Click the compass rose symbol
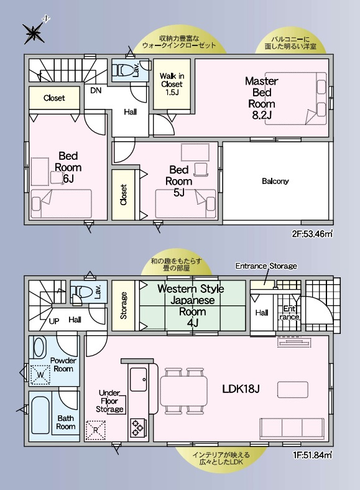(34, 32)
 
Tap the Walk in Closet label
(172, 84)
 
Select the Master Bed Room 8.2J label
(262, 98)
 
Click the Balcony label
(275, 181)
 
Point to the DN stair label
(96, 90)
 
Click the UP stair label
(54, 321)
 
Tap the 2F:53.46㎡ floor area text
(312, 234)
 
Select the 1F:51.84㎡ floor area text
(312, 455)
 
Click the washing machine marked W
(40, 374)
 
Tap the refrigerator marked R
(95, 431)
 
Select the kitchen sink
(139, 379)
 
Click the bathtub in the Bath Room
(40, 415)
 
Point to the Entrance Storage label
(266, 266)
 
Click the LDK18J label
(241, 389)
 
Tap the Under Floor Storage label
(109, 401)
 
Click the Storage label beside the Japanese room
(124, 305)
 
